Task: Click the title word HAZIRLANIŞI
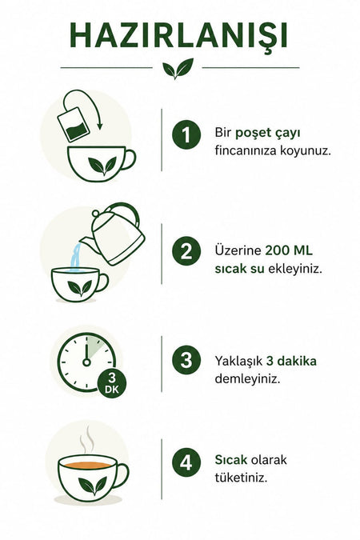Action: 178,37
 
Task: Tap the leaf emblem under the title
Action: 178,68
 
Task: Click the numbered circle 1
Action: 186,134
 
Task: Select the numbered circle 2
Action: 186,250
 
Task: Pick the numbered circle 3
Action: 186,360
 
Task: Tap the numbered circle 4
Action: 186,462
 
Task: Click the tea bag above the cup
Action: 74,124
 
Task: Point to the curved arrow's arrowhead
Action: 99,126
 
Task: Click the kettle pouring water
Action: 114,234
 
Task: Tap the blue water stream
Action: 76,258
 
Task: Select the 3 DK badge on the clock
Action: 112,384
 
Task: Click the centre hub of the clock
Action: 86,362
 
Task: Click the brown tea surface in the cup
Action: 88,465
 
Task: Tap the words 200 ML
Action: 289,250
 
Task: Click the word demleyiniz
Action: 247,379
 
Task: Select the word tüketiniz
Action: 241,478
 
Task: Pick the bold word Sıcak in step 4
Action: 231,460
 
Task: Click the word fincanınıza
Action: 246,151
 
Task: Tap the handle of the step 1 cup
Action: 128,159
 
